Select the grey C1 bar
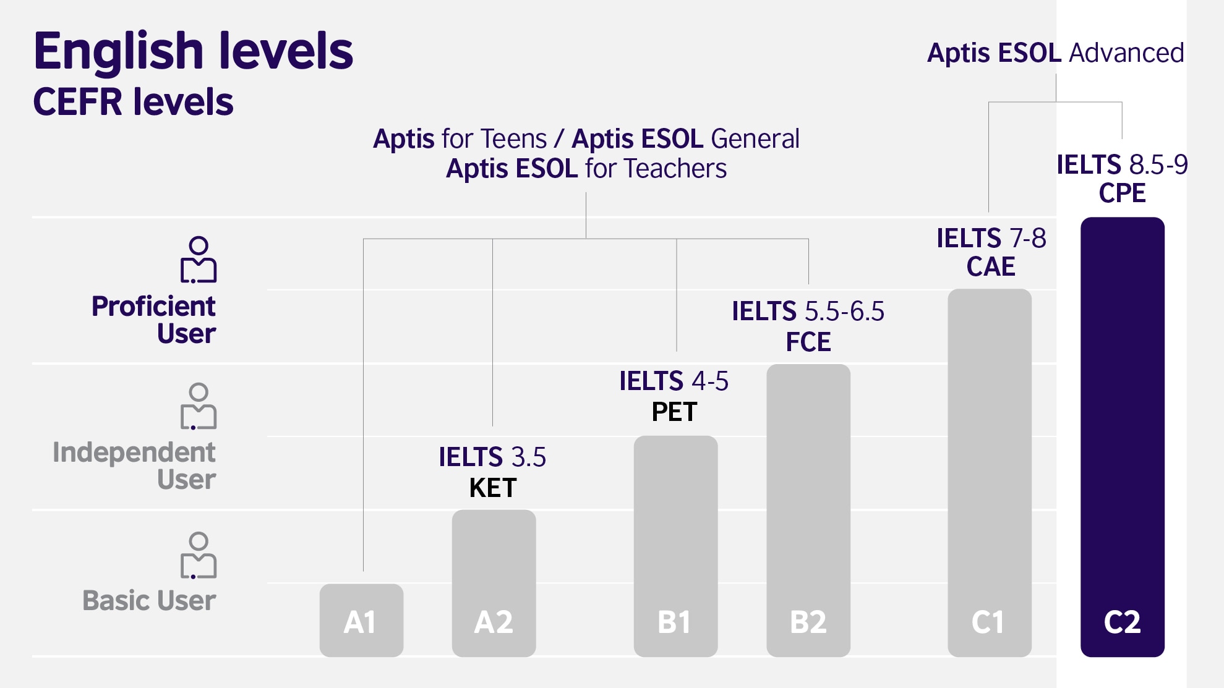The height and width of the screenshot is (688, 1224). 989,472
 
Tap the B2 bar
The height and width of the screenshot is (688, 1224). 808,510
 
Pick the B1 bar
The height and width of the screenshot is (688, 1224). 675,546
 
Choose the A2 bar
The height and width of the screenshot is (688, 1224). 494,583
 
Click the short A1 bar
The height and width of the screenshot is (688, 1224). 361,620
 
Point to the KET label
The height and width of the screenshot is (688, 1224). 493,488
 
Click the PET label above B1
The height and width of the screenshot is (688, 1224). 674,412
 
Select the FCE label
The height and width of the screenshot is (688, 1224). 808,342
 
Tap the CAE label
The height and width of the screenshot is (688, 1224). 991,266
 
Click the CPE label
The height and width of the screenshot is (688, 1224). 1122,193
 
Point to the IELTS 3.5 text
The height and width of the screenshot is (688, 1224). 492,457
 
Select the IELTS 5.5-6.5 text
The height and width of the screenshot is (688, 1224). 808,312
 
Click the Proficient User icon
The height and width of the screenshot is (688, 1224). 199,260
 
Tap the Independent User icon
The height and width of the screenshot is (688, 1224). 199,406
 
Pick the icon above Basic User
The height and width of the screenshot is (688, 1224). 199,555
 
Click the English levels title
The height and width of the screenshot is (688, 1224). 193,51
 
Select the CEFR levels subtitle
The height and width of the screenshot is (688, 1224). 133,102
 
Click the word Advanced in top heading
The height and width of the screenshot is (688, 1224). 1126,53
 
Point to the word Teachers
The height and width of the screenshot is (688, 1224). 675,169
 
